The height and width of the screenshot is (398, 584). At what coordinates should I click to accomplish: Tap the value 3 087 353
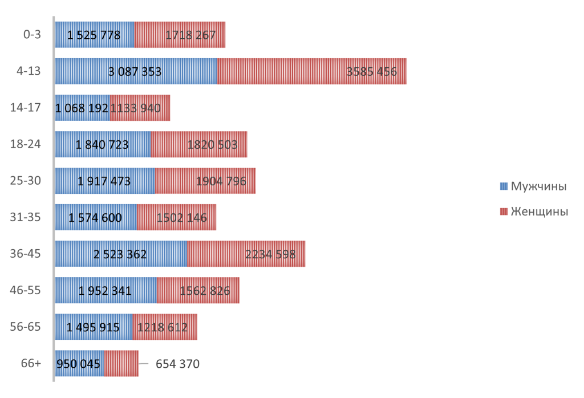pyautogui.click(x=135, y=72)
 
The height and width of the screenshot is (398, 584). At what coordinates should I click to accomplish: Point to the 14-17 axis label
pyautogui.click(x=26, y=108)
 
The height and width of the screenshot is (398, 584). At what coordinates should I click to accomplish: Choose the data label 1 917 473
pyautogui.click(x=104, y=181)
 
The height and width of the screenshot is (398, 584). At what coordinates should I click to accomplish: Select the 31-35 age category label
pyautogui.click(x=26, y=217)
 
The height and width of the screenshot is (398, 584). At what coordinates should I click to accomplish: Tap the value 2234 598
pyautogui.click(x=270, y=254)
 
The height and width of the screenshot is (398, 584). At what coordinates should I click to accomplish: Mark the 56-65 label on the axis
pyautogui.click(x=26, y=327)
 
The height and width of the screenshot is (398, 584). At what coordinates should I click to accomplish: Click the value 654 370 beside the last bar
pyautogui.click(x=177, y=364)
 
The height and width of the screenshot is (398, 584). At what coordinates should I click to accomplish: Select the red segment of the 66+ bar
pyautogui.click(x=121, y=363)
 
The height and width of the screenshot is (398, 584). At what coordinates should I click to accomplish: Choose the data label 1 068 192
pyautogui.click(x=82, y=108)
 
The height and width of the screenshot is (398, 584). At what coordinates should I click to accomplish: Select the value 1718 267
pyautogui.click(x=190, y=35)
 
